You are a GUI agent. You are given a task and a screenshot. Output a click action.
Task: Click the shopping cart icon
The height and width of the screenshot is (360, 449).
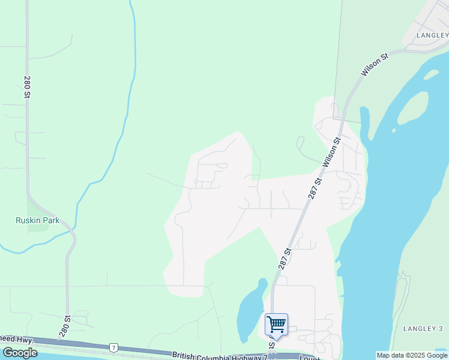pos(276,325)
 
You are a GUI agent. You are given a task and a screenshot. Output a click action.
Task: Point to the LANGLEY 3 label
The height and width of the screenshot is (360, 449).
pos(423,328)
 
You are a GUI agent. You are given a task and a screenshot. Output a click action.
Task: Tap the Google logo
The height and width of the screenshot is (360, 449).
pos(20,352)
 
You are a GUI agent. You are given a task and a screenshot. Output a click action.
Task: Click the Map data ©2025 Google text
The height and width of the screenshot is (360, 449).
pos(412,355)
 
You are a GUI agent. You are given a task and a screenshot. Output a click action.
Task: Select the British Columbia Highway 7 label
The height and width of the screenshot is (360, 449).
pos(219,356)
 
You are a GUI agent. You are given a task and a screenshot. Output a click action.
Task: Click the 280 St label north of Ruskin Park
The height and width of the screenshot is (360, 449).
pos(27,87)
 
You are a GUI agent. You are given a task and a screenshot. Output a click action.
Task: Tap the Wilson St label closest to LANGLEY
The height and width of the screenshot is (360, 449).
pos(375,64)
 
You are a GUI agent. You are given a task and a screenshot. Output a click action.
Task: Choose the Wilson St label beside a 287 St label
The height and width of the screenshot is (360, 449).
pos(332,151)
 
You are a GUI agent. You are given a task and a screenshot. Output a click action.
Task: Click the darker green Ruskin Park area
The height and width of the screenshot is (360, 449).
pos(38,224)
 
